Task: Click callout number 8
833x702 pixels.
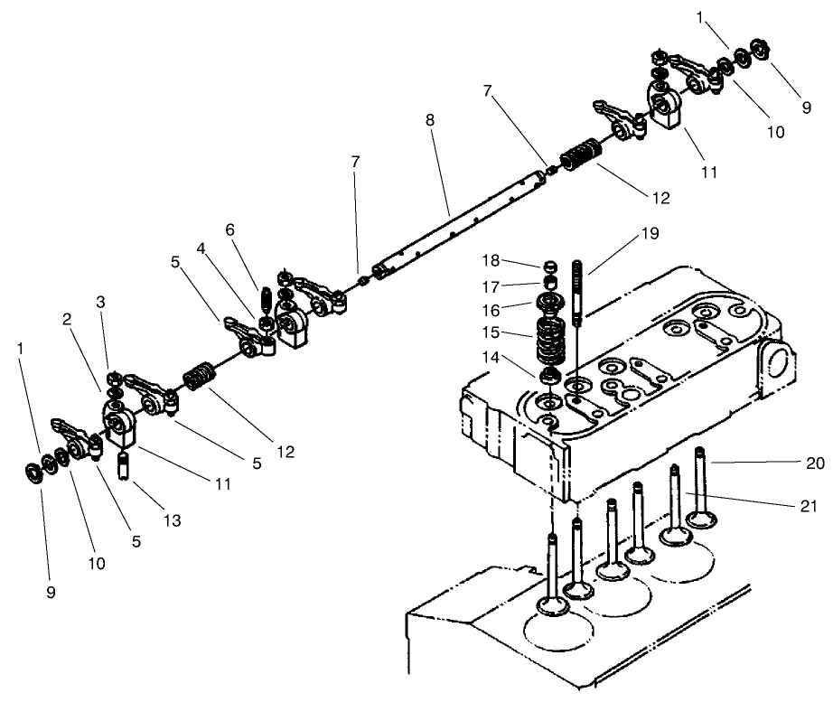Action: click(x=431, y=121)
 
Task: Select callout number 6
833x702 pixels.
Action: click(x=230, y=230)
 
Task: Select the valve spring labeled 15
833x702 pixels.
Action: click(x=548, y=340)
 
